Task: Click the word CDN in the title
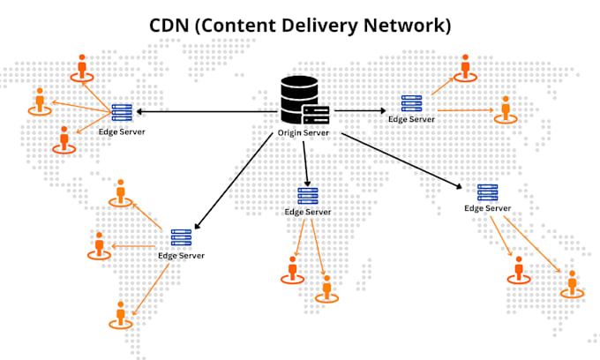169,26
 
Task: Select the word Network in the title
404,26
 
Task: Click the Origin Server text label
303,132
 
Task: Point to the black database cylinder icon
299,97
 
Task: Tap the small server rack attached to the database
316,115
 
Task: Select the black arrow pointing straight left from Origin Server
207,112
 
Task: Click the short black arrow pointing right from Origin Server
360,111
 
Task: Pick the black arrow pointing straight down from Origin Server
305,164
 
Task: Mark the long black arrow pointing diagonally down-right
401,161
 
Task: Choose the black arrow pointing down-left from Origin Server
234,181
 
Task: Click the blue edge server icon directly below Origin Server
308,196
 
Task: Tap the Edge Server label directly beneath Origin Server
308,212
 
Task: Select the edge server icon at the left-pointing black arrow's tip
122,112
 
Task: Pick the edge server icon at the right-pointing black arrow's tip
412,103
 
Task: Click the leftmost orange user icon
40,101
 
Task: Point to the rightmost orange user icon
572,284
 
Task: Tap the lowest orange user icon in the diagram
121,315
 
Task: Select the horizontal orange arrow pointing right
466,110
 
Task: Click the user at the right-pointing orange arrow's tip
506,110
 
